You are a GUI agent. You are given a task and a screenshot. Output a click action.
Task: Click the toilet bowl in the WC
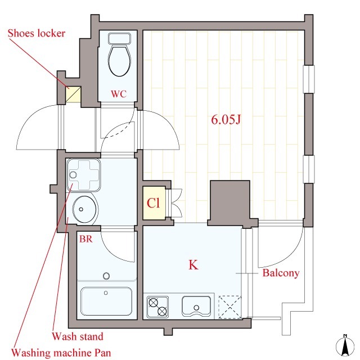(x=119, y=60)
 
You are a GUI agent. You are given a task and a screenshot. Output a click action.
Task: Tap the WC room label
(x=119, y=94)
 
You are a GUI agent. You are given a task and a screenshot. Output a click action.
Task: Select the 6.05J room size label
(x=226, y=120)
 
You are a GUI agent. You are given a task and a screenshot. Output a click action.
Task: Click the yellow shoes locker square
(x=73, y=94)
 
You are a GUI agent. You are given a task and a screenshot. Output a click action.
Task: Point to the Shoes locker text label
(x=37, y=33)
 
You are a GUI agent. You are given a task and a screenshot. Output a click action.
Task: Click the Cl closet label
(x=153, y=203)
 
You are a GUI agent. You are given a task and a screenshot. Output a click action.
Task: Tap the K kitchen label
(x=193, y=265)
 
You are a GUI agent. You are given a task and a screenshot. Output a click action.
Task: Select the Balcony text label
(x=281, y=273)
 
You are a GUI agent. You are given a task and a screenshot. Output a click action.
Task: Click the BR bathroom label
(x=86, y=239)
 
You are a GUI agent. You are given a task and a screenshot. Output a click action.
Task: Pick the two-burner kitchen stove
(x=157, y=307)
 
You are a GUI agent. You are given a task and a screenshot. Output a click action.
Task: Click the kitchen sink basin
(x=196, y=306)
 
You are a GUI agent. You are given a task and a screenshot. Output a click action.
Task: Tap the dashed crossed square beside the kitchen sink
(x=230, y=307)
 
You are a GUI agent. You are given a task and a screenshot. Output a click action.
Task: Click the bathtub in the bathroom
(x=106, y=301)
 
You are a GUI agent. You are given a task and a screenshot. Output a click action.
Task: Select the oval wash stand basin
(x=84, y=209)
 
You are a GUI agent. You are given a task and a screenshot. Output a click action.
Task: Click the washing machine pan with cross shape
(x=84, y=175)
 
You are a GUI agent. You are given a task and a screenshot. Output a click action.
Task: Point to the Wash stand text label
(x=78, y=336)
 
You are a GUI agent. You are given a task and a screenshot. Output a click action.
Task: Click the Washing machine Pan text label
(x=61, y=353)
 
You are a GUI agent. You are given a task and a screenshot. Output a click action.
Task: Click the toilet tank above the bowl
(x=119, y=38)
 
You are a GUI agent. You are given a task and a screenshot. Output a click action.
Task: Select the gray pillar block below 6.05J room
(x=230, y=201)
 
